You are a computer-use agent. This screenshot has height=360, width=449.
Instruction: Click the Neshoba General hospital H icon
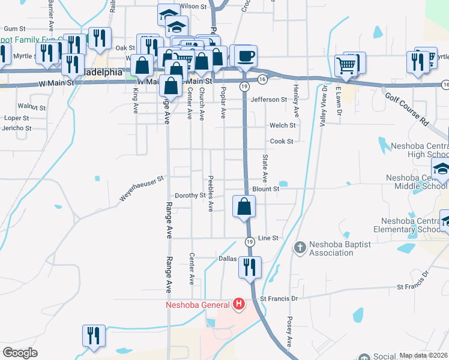tap(239, 305)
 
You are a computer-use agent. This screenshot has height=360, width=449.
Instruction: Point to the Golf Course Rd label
tap(408, 109)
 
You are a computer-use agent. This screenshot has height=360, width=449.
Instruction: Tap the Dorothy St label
tap(190, 196)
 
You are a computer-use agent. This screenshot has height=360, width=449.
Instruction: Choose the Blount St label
tap(266, 188)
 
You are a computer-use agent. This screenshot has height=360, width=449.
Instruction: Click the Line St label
tap(268, 238)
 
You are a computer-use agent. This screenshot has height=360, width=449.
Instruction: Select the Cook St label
tap(282, 142)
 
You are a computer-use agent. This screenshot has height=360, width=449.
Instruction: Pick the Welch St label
tap(283, 125)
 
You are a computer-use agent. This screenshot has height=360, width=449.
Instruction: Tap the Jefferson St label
tap(269, 100)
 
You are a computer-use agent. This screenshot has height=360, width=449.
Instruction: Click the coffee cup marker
tap(246, 58)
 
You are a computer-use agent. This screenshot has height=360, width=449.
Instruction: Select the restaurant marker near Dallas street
tap(250, 266)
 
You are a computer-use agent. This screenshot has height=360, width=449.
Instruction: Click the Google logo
tap(20, 353)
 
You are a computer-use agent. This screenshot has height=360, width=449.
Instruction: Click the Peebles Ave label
tap(211, 194)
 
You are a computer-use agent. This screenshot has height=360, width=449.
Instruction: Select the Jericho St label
tap(16, 128)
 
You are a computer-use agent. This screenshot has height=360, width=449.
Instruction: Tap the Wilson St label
tap(193, 6)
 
